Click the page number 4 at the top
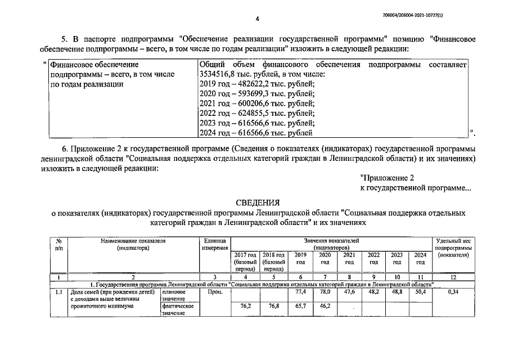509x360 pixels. tap(256, 19)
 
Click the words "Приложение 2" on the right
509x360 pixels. tap(387, 178)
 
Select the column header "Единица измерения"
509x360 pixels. tap(215, 244)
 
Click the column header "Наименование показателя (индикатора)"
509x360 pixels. tap(133, 244)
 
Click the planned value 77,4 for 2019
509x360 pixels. tap(300, 292)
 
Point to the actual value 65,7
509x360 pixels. tap(300, 306)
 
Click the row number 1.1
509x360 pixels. tap(58, 292)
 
